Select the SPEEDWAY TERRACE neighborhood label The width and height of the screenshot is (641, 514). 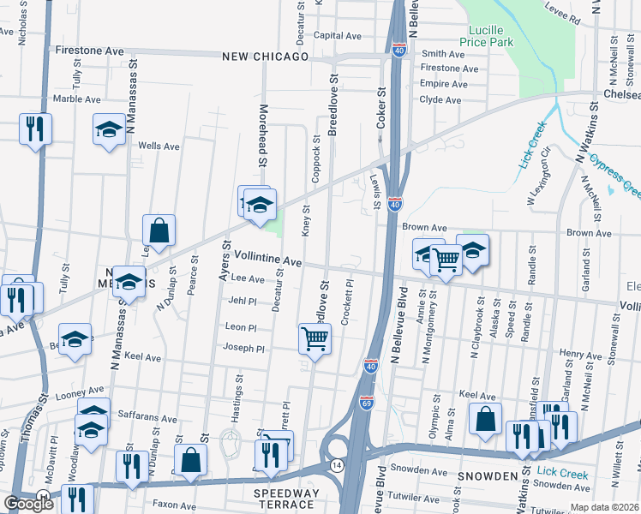pyautogui.click(x=286, y=499)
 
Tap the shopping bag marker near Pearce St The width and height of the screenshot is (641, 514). pyautogui.click(x=159, y=230)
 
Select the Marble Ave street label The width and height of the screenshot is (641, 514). pyautogui.click(x=77, y=99)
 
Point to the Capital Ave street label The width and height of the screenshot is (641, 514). pyautogui.click(x=338, y=36)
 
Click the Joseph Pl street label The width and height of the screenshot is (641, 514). pyautogui.click(x=243, y=349)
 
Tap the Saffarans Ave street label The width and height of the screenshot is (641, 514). pyautogui.click(x=147, y=420)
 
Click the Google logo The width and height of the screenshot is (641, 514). pyautogui.click(x=28, y=504)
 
